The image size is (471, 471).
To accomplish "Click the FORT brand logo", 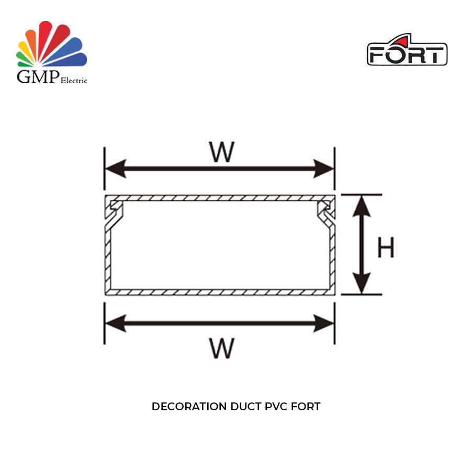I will tap(407, 51).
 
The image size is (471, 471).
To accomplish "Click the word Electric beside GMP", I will tap(74, 81).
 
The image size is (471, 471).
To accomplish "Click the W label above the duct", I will tap(221, 152).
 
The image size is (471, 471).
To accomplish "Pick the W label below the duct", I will tap(221, 349).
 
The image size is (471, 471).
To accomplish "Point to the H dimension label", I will tap(386, 248).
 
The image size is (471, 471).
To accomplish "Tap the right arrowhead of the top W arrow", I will tap(324, 169).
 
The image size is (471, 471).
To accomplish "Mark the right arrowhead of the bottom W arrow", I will tap(324, 323).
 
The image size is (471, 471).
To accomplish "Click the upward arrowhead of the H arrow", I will tap(361, 207).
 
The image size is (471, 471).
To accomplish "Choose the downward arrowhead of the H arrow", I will tap(361, 283).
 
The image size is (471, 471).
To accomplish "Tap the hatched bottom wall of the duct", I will tap(220, 291).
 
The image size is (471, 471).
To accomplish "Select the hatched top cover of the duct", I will tap(220, 198).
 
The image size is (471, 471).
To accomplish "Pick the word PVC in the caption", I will tap(273, 407).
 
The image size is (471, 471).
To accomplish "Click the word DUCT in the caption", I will tap(245, 407).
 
